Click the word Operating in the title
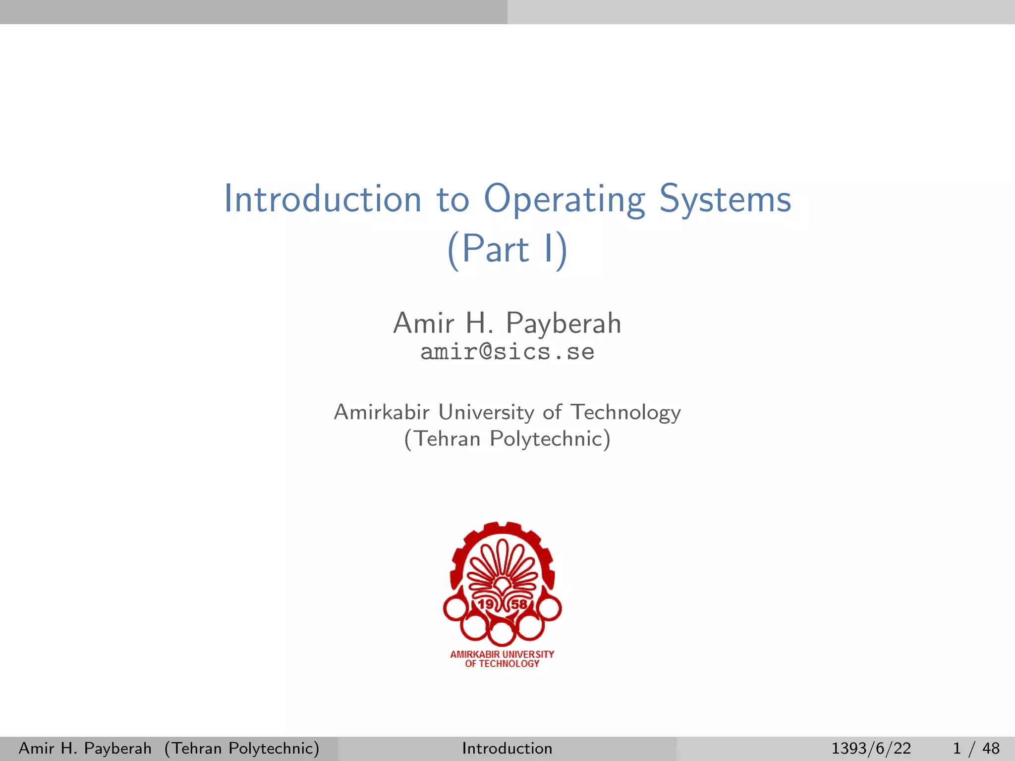pos(564,199)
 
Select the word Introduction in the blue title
pos(323,199)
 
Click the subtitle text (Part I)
pos(507,249)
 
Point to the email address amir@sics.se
pos(507,352)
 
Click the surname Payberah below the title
pos(564,324)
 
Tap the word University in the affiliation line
pos(486,412)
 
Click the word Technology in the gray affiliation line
pos(626,412)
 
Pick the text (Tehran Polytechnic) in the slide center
pos(507,439)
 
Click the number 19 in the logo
pos(486,604)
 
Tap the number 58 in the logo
pos(519,604)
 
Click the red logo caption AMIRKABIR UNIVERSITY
pos(502,654)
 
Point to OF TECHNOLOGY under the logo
pos(502,664)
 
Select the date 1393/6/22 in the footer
pos(871,748)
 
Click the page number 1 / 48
pos(976,748)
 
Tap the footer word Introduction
pos(507,748)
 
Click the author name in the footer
pos(85,748)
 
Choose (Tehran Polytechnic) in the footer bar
pos(242,748)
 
